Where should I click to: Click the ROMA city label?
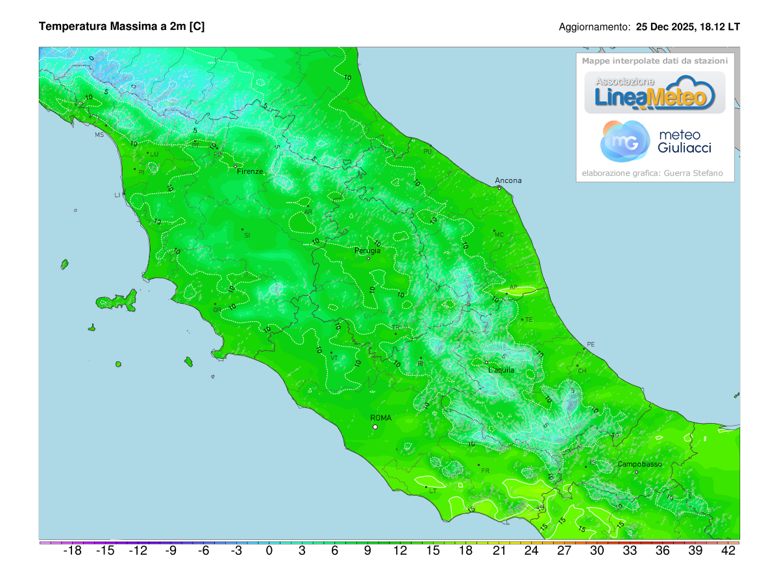coord(380,418)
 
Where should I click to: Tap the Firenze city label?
coord(250,171)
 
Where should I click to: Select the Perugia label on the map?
coord(367,250)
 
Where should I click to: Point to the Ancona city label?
coord(508,180)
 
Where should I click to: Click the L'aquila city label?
coord(501,370)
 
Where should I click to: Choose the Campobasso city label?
coord(639,464)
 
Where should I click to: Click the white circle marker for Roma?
coord(375,427)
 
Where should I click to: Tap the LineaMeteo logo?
coord(655,92)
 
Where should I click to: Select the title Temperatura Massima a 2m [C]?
coord(122,27)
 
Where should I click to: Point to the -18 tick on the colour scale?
coord(72,551)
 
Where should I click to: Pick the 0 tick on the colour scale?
coord(269,551)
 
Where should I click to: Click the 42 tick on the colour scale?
coord(728,551)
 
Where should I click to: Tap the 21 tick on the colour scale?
coord(499,551)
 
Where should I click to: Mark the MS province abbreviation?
coord(99,135)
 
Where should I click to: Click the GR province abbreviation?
coord(217,310)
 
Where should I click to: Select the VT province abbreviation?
coord(334,358)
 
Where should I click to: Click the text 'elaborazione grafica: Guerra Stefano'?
coord(652,173)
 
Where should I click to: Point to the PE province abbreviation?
coord(590,344)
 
